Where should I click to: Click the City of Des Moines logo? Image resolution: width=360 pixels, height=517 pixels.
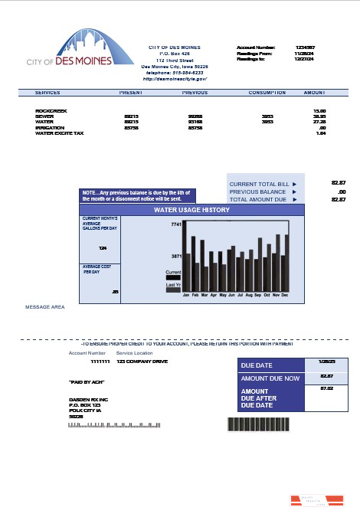tap(68, 49)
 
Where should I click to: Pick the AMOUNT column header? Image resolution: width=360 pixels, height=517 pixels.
tap(315, 93)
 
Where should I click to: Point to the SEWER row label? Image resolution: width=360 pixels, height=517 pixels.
tap(44, 116)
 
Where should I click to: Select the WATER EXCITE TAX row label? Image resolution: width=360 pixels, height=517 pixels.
tap(59, 133)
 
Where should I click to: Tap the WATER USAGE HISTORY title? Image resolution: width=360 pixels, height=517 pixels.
tap(191, 209)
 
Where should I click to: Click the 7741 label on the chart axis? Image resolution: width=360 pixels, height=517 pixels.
tap(175, 225)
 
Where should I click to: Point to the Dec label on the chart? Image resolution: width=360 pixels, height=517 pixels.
tap(285, 294)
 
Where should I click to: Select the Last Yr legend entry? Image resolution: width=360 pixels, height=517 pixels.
tap(173, 285)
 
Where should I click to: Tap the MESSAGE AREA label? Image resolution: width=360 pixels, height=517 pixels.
tap(44, 307)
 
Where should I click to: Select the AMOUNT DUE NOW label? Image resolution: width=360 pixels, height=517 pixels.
tap(270, 378)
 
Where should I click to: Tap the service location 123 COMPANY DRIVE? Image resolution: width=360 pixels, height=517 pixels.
tap(142, 361)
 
